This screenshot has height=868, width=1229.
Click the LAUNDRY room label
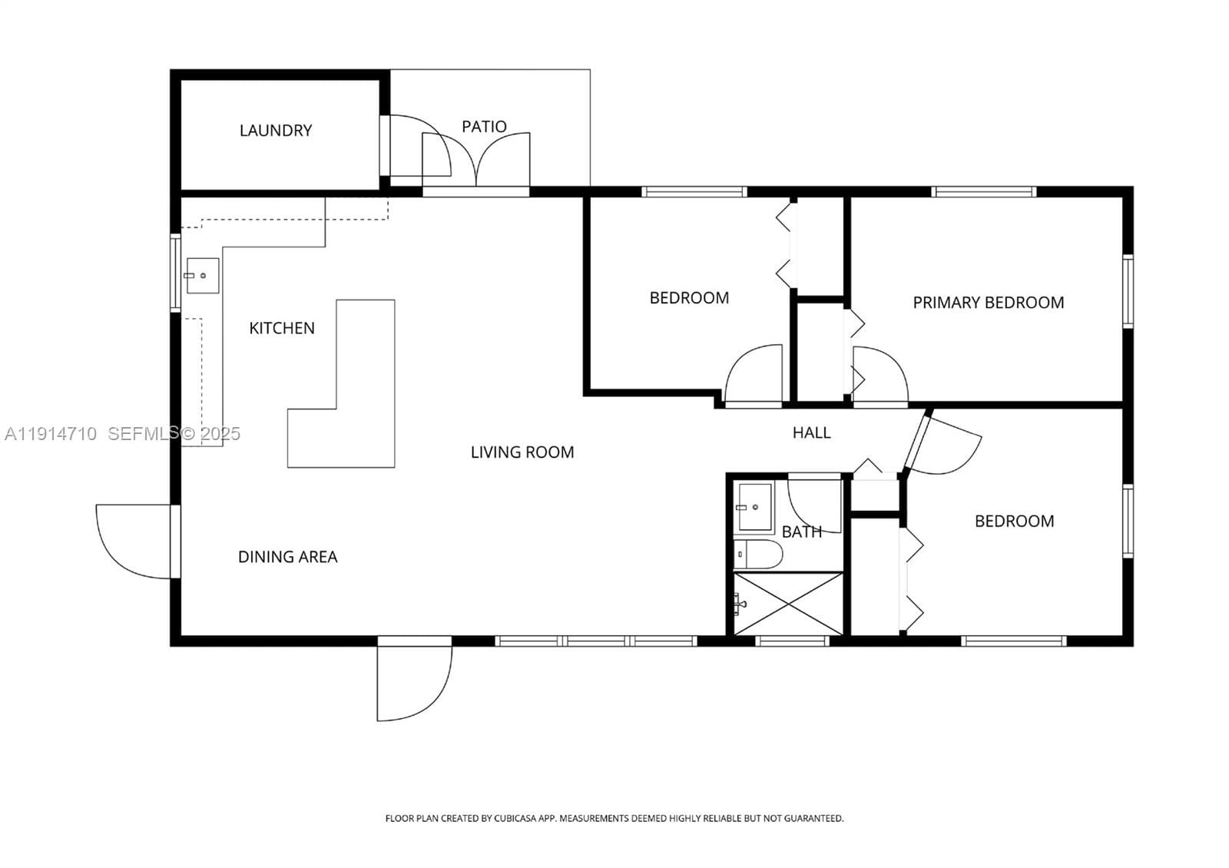(x=276, y=131)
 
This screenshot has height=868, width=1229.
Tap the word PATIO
(x=484, y=127)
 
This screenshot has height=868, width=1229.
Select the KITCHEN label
(x=282, y=328)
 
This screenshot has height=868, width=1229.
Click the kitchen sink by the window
(x=203, y=276)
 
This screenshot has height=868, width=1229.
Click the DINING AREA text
(x=287, y=557)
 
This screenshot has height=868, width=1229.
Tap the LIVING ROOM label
(x=522, y=452)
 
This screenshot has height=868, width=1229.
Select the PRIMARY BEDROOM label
(x=988, y=303)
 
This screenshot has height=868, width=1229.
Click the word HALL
(x=811, y=433)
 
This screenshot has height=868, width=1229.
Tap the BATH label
(x=802, y=532)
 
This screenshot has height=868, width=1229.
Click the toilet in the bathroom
(x=757, y=554)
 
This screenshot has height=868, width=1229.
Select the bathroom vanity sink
(x=754, y=508)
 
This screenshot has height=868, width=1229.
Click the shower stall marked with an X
(x=788, y=604)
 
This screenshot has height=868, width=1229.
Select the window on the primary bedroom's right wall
(x=1128, y=291)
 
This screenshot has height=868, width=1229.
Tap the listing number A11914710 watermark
(x=51, y=434)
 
